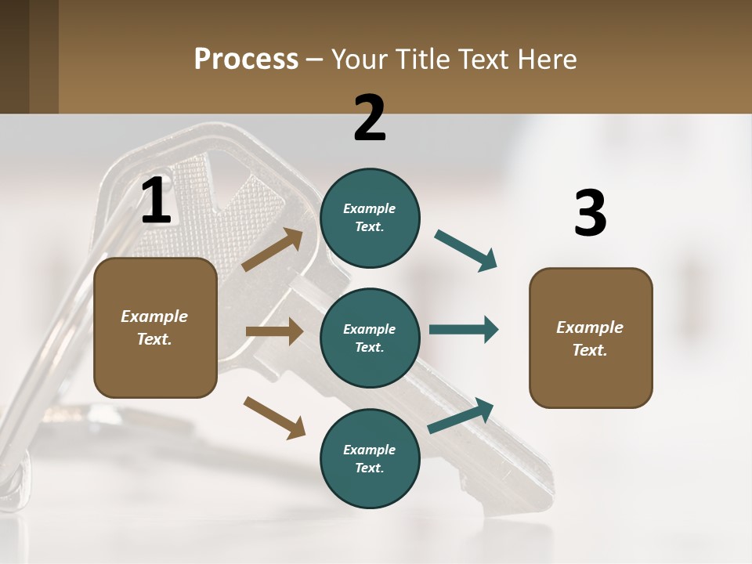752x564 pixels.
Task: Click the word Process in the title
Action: click(246, 59)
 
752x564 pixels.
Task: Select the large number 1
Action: click(155, 201)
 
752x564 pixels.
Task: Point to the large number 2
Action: click(370, 118)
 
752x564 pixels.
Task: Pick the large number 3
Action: click(590, 214)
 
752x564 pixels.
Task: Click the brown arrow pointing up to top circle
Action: click(273, 249)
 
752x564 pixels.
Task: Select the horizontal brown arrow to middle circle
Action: click(274, 331)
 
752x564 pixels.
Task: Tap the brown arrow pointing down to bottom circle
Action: click(274, 417)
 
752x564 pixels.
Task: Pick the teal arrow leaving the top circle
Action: click(466, 251)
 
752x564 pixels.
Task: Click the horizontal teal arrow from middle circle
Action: click(464, 329)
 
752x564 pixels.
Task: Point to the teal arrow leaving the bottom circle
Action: click(461, 416)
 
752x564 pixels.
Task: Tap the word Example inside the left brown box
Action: click(154, 316)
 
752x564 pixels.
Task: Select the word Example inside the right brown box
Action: click(590, 327)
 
